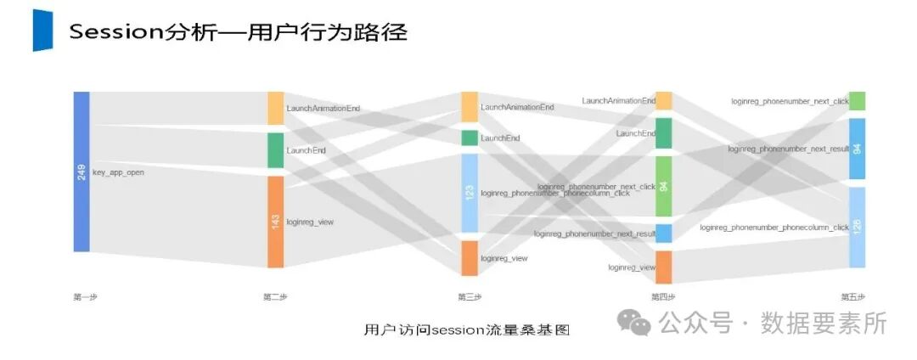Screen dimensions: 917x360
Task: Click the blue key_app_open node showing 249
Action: (x=81, y=172)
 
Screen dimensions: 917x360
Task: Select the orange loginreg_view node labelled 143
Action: (x=275, y=222)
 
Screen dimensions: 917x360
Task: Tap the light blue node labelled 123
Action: (x=470, y=193)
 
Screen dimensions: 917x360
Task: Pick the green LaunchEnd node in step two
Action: (x=275, y=150)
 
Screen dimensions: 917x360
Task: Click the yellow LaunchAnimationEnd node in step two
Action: (x=275, y=109)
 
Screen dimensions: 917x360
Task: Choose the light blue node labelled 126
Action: (x=857, y=227)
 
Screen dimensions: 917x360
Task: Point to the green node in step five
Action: (x=857, y=101)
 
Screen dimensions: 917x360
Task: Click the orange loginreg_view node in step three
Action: (x=470, y=258)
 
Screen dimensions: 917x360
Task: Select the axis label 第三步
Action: (x=470, y=297)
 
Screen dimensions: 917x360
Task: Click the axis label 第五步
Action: (x=852, y=297)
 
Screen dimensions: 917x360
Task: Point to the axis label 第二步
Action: (x=275, y=297)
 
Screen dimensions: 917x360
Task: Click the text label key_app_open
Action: (x=118, y=172)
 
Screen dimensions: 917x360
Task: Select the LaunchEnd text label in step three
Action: (x=500, y=138)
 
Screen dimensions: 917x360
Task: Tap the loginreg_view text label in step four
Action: (x=632, y=267)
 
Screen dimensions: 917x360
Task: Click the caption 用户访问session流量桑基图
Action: (x=466, y=330)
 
